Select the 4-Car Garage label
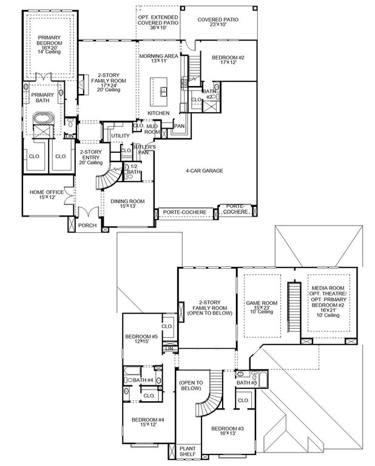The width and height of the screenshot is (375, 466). point(204,171)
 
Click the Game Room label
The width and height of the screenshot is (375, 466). point(262,305)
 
